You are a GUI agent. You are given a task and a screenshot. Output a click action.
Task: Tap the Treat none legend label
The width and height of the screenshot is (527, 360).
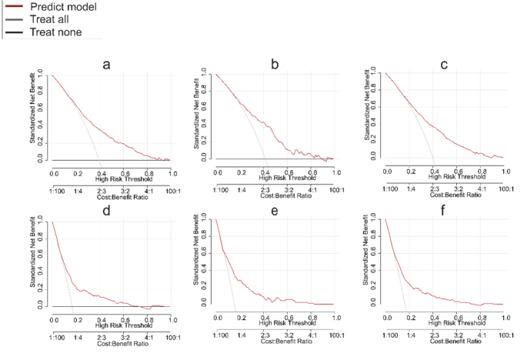click(x=55, y=32)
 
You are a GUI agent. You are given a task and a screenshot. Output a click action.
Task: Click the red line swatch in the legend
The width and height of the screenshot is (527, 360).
click(x=13, y=6)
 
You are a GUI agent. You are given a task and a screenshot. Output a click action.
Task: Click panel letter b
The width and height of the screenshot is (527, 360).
click(x=275, y=65)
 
